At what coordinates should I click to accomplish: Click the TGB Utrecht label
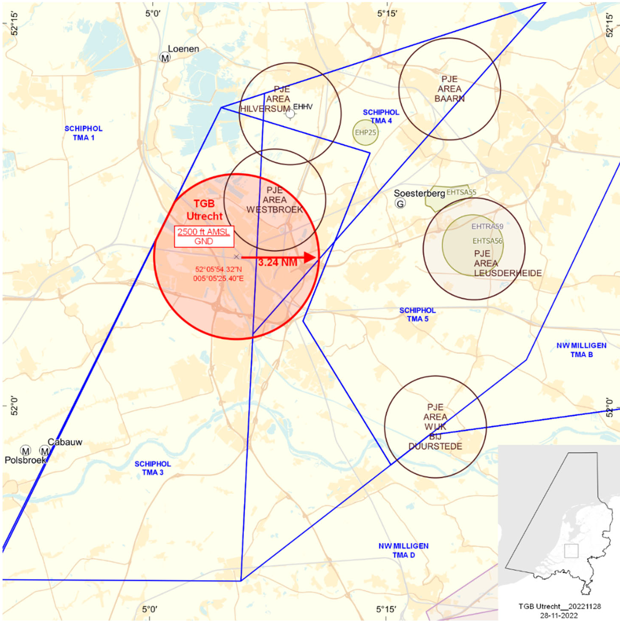[x=204, y=210]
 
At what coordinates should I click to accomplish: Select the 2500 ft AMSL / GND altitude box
[x=204, y=236]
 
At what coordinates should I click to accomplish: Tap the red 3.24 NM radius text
[x=278, y=262]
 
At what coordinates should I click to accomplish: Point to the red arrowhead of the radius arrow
[x=310, y=257]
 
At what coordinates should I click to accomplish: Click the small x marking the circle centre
[x=236, y=257]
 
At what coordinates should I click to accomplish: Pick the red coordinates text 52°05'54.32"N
[x=218, y=269]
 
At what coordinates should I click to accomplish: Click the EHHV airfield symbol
[x=290, y=114]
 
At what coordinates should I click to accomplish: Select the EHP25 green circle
[x=365, y=132]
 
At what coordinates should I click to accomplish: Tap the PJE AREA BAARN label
[x=449, y=89]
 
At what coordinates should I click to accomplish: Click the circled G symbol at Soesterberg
[x=400, y=204]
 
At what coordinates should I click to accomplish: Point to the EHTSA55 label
[x=461, y=192]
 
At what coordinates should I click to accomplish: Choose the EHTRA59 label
[x=487, y=227]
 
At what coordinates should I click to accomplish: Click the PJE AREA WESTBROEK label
[x=275, y=200]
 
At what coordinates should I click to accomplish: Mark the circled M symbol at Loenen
[x=165, y=57]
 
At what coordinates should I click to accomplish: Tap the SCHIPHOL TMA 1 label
[x=84, y=133]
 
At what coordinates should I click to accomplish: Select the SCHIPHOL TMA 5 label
[x=417, y=315]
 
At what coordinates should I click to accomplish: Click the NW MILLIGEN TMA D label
[x=403, y=550]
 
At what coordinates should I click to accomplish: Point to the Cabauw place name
[x=65, y=442]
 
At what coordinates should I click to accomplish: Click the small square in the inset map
[x=571, y=551]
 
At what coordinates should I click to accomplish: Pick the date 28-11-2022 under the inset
[x=559, y=615]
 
